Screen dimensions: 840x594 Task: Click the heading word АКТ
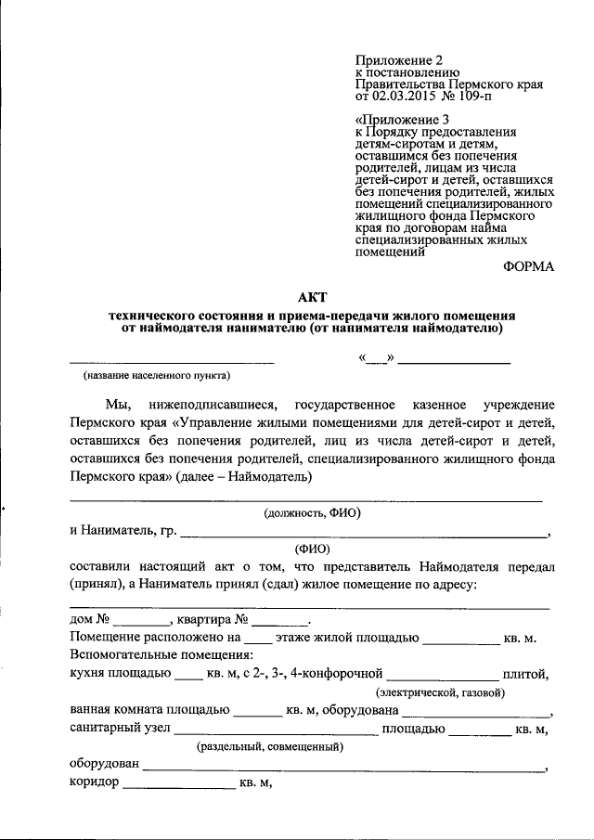[x=314, y=297]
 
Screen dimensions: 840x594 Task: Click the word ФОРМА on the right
[x=528, y=266]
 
